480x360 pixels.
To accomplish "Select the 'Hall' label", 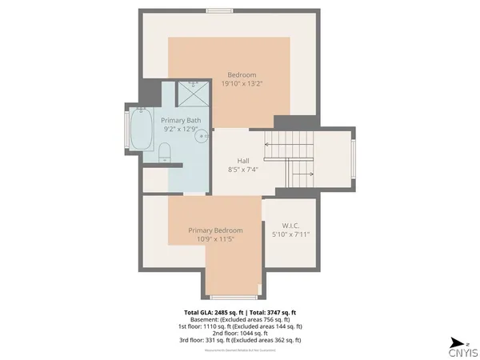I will point(244,160).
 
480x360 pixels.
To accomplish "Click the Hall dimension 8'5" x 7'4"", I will point(244,169).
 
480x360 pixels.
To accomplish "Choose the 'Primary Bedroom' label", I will point(215,230).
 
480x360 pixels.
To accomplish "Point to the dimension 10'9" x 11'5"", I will point(215,238).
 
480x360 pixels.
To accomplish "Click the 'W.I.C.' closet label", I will point(290,226).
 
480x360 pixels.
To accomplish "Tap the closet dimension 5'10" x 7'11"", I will point(290,234).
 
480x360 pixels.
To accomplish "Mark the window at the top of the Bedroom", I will point(218,10).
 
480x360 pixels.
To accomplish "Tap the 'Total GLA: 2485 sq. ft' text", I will point(214,312).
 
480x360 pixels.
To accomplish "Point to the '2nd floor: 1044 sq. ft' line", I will point(240,333).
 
